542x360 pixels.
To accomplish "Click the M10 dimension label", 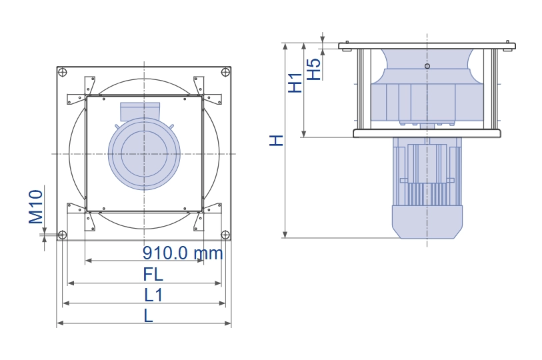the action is [x=35, y=207].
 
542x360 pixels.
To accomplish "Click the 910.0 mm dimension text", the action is [x=183, y=253].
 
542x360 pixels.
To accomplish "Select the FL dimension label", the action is [x=153, y=275].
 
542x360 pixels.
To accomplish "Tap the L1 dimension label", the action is [x=153, y=295].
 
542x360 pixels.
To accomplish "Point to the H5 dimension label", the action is [x=314, y=69].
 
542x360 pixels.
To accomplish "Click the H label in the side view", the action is [x=276, y=141].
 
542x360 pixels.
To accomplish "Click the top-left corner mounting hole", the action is [x=63, y=73].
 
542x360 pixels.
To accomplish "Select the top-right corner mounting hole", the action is [x=225, y=72].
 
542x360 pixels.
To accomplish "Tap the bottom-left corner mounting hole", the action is [x=62, y=235].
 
